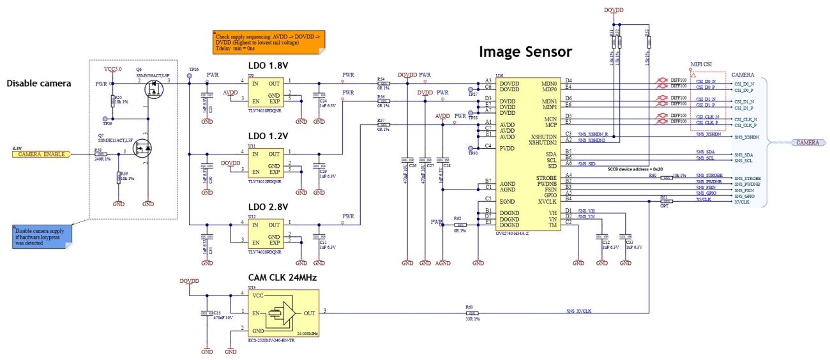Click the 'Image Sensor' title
tap(525, 52)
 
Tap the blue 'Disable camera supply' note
tap(42, 235)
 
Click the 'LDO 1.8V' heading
tap(268, 66)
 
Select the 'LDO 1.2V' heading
tap(268, 136)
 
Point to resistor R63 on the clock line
tap(472, 313)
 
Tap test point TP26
tap(189, 76)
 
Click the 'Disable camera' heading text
tap(39, 83)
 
